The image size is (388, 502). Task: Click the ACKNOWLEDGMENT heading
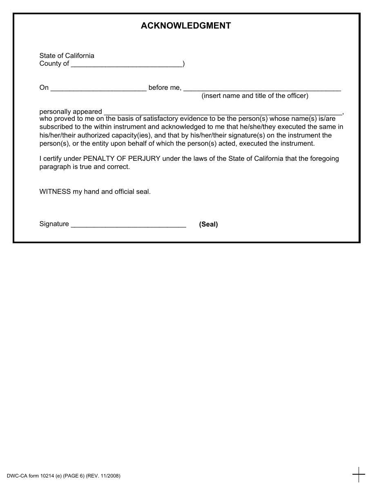(x=186, y=26)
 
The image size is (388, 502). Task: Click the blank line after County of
(x=127, y=64)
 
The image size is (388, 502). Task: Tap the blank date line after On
(x=98, y=88)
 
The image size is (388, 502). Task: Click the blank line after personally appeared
(x=223, y=112)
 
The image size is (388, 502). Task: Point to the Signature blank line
(x=129, y=224)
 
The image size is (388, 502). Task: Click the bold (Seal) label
(x=208, y=224)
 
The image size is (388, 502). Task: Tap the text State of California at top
(x=67, y=56)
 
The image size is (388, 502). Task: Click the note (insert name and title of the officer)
(x=255, y=96)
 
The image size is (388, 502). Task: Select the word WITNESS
(x=55, y=191)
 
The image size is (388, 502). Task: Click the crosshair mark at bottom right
(x=359, y=475)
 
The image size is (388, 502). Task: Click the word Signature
(x=54, y=224)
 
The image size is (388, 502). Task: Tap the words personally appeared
(x=71, y=111)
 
